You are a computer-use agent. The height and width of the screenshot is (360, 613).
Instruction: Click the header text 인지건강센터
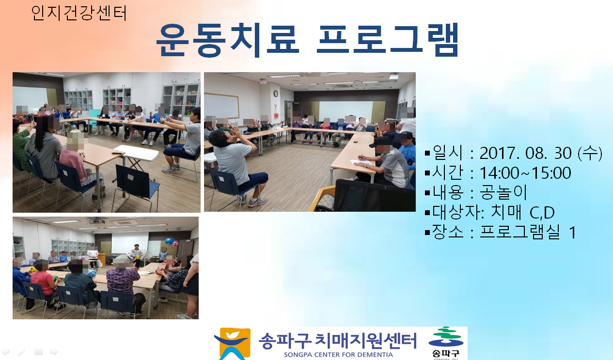click(79, 13)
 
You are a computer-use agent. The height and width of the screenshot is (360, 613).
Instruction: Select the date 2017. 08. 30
click(525, 153)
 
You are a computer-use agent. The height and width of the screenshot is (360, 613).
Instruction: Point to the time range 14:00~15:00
click(525, 173)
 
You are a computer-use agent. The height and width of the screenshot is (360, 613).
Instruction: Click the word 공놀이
click(503, 192)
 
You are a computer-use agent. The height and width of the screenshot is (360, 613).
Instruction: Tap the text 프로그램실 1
click(528, 232)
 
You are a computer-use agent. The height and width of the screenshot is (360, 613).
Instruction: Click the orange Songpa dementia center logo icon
click(233, 344)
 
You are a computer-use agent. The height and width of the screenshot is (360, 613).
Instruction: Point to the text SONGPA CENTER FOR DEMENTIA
click(338, 355)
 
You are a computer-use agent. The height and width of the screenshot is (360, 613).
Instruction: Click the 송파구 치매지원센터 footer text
click(338, 341)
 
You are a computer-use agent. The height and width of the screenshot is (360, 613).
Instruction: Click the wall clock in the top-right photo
click(276, 94)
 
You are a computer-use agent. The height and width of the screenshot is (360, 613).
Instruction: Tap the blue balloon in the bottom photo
click(170, 242)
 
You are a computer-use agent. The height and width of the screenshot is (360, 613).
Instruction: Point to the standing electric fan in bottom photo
click(147, 258)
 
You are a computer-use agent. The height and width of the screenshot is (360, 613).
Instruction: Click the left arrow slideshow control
click(5, 351)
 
